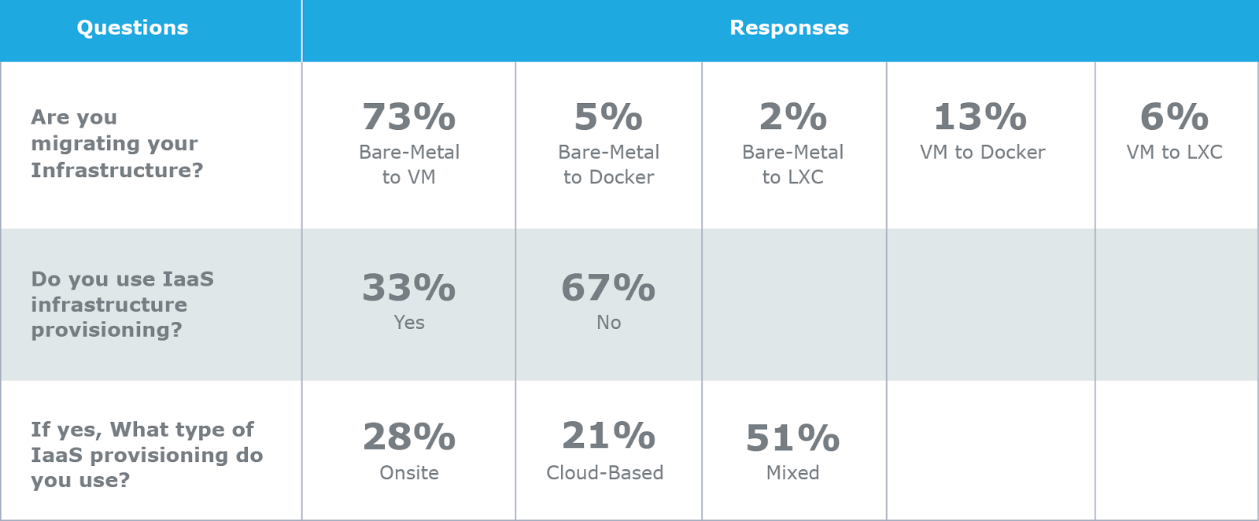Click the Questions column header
click(x=132, y=28)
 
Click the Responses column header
click(x=788, y=28)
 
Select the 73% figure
click(x=408, y=117)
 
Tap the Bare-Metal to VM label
click(x=408, y=164)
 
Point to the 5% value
click(x=608, y=117)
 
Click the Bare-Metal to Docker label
click(x=608, y=164)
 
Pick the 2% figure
click(x=792, y=117)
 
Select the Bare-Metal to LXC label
click(x=792, y=164)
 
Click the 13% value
click(x=980, y=117)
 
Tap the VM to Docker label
click(x=982, y=153)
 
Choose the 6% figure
click(x=1174, y=117)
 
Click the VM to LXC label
click(x=1174, y=153)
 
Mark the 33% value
click(x=408, y=288)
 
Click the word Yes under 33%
click(x=409, y=323)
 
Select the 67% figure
click(x=608, y=288)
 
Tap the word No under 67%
click(x=608, y=323)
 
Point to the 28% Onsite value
click(x=408, y=438)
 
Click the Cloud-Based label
click(x=604, y=473)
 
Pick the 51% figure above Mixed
click(x=792, y=438)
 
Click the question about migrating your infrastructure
click(x=116, y=144)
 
